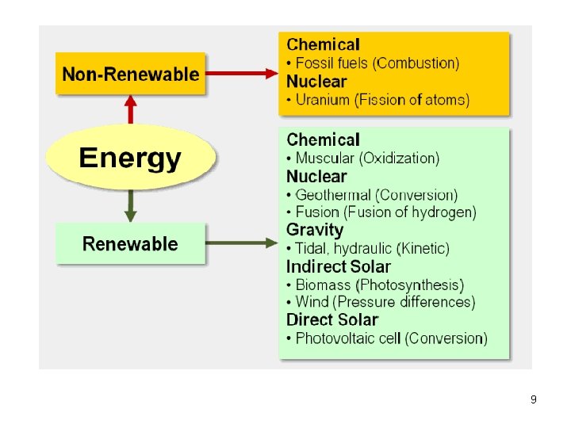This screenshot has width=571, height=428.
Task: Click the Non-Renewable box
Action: pos(130,75)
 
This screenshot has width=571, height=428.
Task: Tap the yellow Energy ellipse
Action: pos(130,159)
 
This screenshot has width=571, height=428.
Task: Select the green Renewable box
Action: pos(130,244)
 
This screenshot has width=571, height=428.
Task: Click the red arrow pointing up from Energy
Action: pos(130,109)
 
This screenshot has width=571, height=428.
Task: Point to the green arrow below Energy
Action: pos(130,208)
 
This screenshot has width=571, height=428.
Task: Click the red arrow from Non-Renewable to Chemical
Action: pos(242,75)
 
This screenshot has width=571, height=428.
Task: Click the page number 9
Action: pos(533,399)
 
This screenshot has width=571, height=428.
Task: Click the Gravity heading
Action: pos(315,230)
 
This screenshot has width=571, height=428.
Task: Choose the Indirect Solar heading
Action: pos(339,266)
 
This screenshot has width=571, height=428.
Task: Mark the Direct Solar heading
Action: pos(332,320)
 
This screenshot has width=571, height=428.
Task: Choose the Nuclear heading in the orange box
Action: pos(316,82)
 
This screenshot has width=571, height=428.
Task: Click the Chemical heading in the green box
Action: pos(323,140)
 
